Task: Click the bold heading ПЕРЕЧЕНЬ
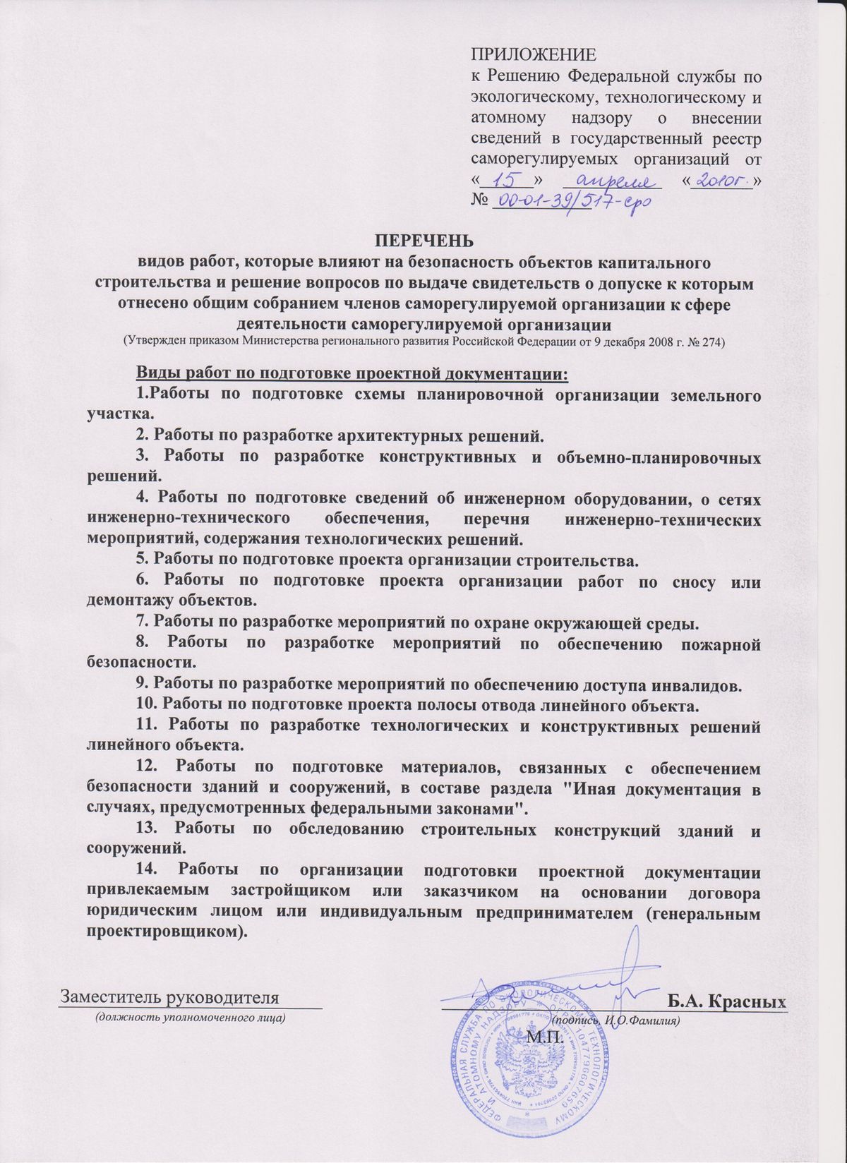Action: click(423, 241)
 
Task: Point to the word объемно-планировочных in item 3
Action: click(656, 457)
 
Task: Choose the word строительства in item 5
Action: click(579, 561)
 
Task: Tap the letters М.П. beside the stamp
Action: click(543, 1037)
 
